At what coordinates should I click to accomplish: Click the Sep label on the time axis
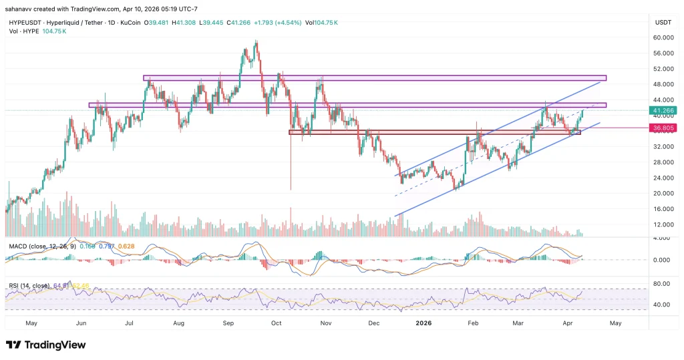[x=228, y=323]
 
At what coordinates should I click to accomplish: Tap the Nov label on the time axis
[x=326, y=323]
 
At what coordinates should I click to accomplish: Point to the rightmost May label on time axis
[x=616, y=323]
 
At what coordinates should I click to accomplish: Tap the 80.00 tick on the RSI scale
[x=663, y=284]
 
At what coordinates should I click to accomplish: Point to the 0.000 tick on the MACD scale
[x=662, y=260]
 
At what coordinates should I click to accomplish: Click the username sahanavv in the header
[x=23, y=7]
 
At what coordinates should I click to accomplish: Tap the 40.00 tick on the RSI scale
[x=663, y=305]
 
